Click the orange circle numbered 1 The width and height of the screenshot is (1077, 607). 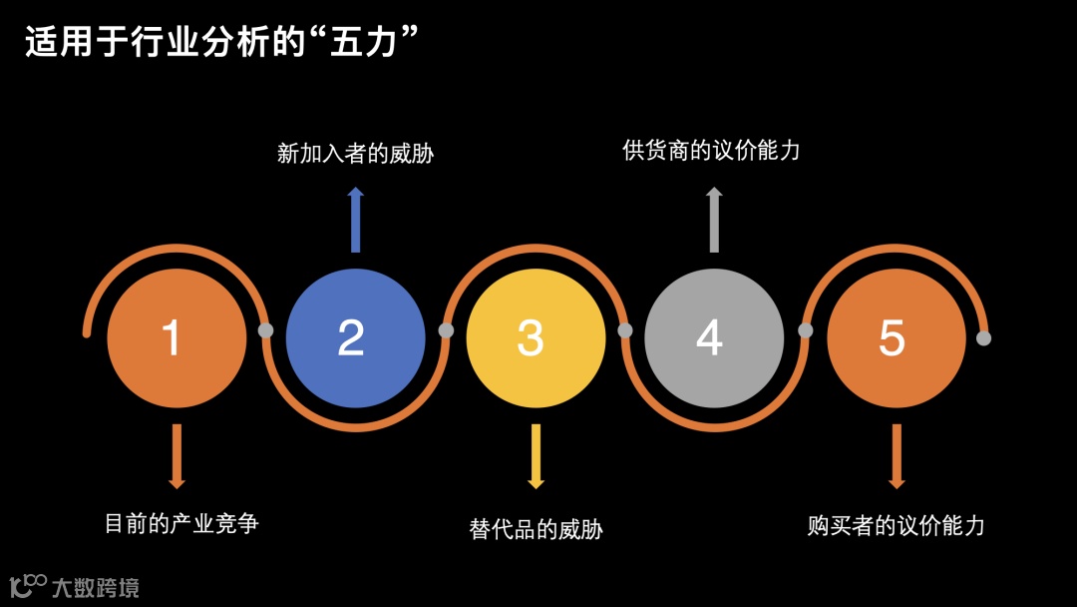click(177, 337)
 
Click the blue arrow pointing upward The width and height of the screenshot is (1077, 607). click(355, 220)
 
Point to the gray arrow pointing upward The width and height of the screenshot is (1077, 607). click(714, 220)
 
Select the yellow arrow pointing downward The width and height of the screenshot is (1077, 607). click(536, 456)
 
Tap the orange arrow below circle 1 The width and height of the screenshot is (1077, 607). click(177, 456)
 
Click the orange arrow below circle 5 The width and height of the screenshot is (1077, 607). click(896, 456)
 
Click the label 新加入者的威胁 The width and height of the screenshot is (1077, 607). click(355, 154)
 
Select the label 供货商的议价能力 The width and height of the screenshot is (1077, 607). click(711, 151)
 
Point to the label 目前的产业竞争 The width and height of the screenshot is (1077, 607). click(181, 522)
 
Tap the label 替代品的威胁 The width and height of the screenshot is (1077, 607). click(536, 528)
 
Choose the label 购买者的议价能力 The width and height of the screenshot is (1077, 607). click(896, 525)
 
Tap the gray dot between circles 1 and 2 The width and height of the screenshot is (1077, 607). click(266, 330)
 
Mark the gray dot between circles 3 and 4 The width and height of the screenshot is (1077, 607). click(625, 330)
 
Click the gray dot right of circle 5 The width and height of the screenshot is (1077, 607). click(983, 337)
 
